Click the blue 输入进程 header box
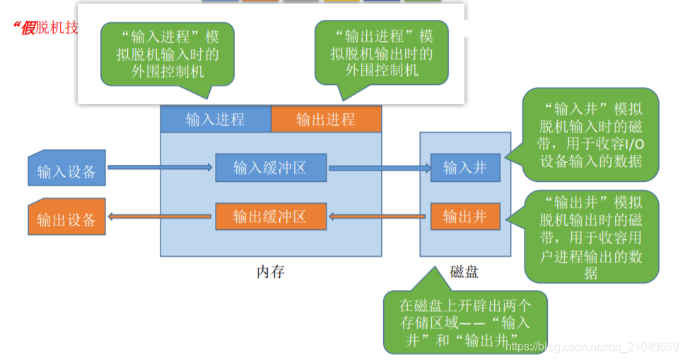[x=216, y=120]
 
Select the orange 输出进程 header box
[x=326, y=120]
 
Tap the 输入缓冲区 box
[x=270, y=168]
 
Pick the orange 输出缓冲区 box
[x=270, y=216]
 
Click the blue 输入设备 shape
[x=66, y=171]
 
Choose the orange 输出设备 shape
[x=66, y=219]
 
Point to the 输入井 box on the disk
[x=465, y=168]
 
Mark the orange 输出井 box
[x=465, y=216]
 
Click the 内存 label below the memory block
[x=271, y=272]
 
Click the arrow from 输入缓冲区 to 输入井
[x=380, y=168]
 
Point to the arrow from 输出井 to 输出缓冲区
[x=380, y=216]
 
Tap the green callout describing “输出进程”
[x=382, y=53]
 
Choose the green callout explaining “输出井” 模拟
[x=591, y=236]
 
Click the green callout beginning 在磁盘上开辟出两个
[x=464, y=323]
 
